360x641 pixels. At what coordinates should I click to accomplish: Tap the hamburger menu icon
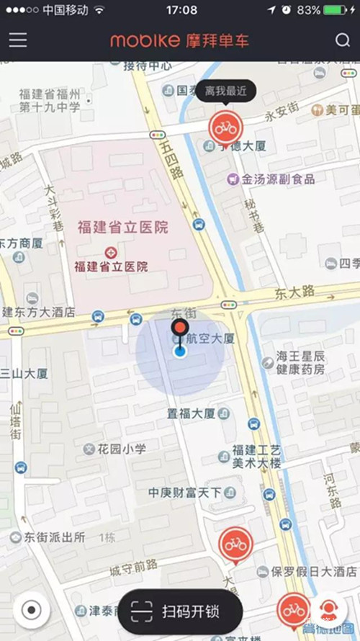18,40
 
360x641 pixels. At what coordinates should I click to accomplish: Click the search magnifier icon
342,40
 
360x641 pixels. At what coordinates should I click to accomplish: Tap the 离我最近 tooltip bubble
225,91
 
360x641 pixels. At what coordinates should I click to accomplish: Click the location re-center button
31,610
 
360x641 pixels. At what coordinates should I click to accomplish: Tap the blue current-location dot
180,351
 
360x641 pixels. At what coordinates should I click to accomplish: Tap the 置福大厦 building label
191,413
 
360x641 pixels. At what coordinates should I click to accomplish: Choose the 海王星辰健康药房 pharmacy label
300,363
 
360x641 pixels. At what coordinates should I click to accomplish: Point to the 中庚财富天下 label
184,492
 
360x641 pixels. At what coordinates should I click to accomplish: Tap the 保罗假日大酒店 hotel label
313,572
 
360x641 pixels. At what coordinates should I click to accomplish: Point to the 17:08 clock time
181,10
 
